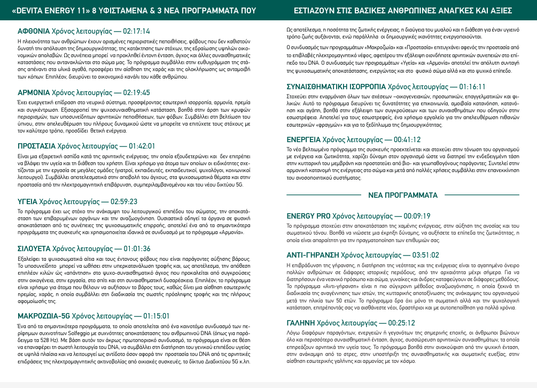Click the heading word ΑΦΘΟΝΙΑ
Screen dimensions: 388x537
(x=34, y=31)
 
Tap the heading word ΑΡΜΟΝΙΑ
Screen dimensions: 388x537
(x=34, y=92)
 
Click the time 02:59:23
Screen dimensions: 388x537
(x=124, y=201)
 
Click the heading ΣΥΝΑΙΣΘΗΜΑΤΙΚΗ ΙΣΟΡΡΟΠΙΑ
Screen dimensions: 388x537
(x=336, y=86)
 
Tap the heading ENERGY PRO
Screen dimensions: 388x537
(x=309, y=216)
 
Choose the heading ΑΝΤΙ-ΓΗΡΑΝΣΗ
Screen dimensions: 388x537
(x=313, y=255)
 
